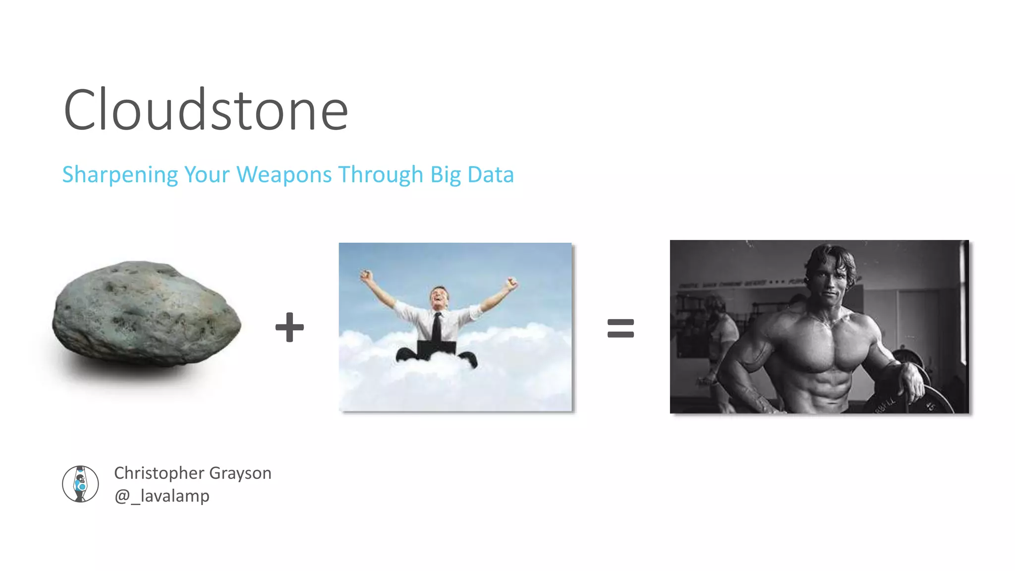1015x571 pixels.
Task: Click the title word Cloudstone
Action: click(x=206, y=110)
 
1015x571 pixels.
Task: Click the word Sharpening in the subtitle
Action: click(x=120, y=175)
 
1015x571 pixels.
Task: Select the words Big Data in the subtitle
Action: click(x=472, y=175)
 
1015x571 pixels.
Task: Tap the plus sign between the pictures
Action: click(x=289, y=327)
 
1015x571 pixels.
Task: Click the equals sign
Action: click(x=620, y=328)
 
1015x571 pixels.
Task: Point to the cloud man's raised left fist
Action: click(x=511, y=283)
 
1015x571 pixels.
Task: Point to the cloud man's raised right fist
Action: click(x=366, y=275)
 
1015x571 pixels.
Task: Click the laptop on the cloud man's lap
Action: click(x=436, y=348)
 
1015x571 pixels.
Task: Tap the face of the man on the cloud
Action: click(x=439, y=297)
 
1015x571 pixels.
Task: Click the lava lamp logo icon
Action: click(x=80, y=484)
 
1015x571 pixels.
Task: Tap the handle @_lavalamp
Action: click(x=162, y=496)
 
